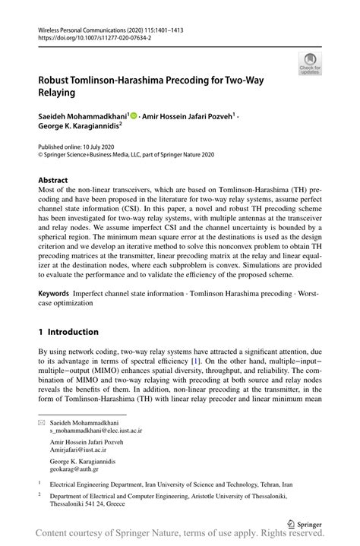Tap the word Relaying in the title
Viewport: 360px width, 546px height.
tap(57, 92)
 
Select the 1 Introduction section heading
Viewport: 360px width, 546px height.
tap(68, 332)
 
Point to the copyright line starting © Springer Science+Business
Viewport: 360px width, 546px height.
tap(126, 153)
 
